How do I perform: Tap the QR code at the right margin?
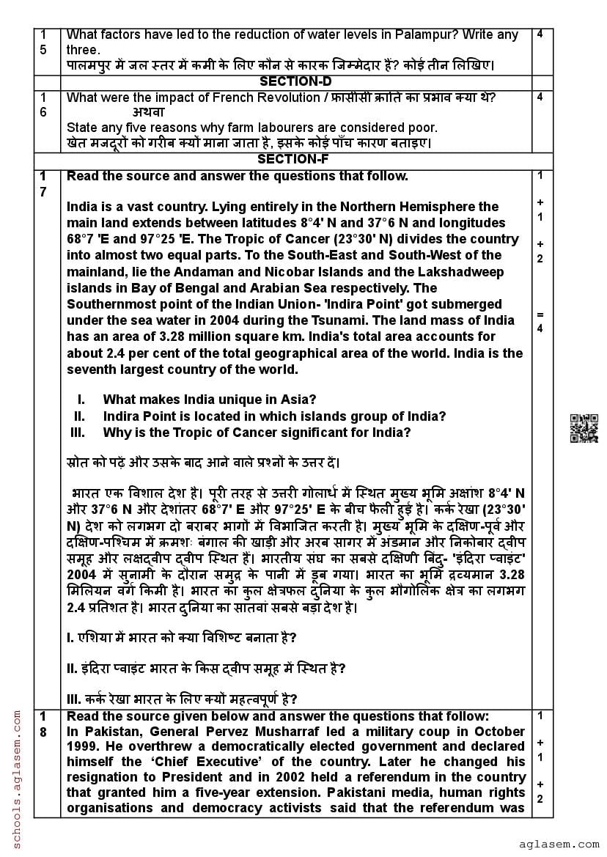(584, 429)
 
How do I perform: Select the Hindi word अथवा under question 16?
(149, 112)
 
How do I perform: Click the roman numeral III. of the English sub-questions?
(77, 433)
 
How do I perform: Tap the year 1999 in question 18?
(82, 747)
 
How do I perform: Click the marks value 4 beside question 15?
(540, 34)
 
